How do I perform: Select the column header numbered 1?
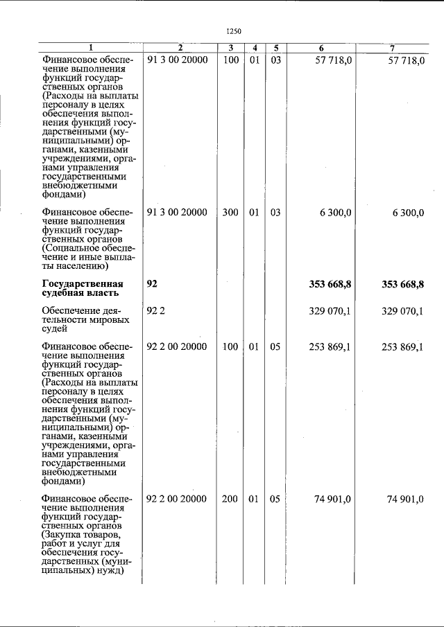pos(89,48)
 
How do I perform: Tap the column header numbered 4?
pos(255,48)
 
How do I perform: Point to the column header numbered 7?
pos(393,48)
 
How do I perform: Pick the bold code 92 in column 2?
pos(153,284)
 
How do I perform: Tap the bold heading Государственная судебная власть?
pos(83,289)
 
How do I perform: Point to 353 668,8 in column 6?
pos(330,284)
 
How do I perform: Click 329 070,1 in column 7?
pos(402,311)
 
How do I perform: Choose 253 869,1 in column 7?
pos(402,347)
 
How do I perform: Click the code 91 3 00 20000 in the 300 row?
pos(178,213)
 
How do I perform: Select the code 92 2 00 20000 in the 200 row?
pos(178,498)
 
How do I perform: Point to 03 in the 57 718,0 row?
pos(275,61)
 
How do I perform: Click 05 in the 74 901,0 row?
pos(275,498)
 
